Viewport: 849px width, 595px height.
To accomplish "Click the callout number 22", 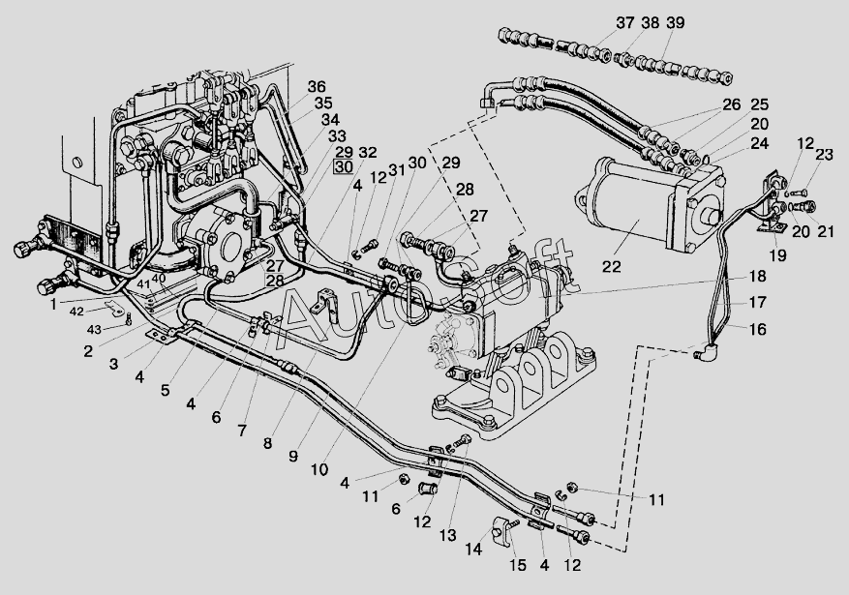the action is pos(611,267).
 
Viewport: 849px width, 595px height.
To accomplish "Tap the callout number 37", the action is pos(624,23).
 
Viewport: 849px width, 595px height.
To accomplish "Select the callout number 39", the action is pos(676,23).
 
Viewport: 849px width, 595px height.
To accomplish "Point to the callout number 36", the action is pos(317,86).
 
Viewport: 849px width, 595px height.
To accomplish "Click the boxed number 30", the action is pos(344,167).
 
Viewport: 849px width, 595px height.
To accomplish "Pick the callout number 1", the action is pos(53,305).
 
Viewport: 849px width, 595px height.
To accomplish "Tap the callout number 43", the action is pos(94,329).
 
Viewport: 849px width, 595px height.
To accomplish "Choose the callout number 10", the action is pos(319,469).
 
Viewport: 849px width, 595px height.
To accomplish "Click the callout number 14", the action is pos(473,549).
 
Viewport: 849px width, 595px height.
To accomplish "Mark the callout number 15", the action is pos(518,565).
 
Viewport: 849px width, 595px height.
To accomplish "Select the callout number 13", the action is pos(448,536).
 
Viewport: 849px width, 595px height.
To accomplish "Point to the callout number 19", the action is pos(778,255).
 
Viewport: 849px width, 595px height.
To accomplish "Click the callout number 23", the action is pos(824,155).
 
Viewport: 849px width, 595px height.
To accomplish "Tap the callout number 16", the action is pos(758,329).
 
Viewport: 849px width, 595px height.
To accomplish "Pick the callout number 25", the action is pos(759,104).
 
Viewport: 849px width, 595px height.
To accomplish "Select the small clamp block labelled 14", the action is pos(501,528).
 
